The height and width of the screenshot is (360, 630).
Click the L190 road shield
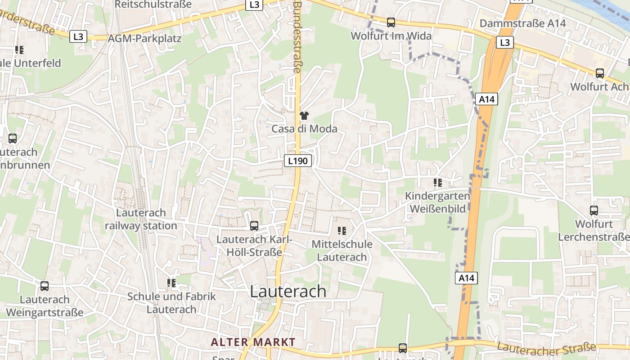298,160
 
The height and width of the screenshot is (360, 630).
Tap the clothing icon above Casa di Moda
304,116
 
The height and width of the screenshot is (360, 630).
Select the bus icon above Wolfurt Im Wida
391,22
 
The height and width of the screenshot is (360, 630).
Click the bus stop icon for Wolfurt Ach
599,73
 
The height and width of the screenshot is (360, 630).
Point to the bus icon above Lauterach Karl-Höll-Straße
254,226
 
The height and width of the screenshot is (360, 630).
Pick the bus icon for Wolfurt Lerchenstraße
594,210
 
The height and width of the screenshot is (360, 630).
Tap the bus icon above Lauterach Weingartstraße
44,286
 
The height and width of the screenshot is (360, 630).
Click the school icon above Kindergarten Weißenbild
437,183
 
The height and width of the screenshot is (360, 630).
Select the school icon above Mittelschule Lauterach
342,231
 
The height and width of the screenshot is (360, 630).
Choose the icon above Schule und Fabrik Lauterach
171,283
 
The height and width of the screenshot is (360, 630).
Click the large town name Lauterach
288,291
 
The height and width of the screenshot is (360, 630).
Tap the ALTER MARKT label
253,342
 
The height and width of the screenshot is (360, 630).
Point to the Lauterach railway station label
141,219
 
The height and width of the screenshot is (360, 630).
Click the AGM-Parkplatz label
144,38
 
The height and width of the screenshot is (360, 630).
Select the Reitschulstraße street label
153,4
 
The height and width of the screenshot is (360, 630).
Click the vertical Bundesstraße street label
297,36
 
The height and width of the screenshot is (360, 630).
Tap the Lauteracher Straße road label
547,349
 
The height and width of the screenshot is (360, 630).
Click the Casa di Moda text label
304,129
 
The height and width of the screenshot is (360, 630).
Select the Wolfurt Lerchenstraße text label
594,230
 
